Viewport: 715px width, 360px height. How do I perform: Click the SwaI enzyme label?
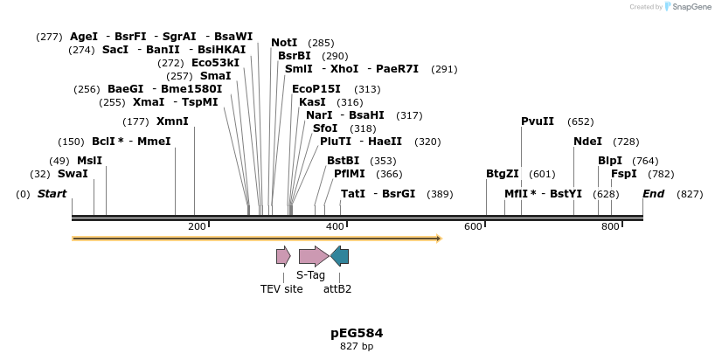(x=73, y=174)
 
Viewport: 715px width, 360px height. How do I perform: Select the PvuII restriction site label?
(x=538, y=121)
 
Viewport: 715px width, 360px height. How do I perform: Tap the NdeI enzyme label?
(x=587, y=142)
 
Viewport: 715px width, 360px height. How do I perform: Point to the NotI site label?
(x=284, y=43)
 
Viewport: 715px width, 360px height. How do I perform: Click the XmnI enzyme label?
(x=172, y=121)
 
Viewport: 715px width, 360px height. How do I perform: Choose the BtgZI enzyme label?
(x=503, y=174)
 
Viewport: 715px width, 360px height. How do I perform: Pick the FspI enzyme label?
(x=623, y=174)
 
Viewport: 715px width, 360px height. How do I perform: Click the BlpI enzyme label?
(x=610, y=161)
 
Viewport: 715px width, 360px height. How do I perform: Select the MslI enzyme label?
(x=89, y=161)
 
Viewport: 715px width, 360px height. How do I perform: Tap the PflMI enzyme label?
(x=350, y=174)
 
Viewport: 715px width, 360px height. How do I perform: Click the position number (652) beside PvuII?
(x=580, y=121)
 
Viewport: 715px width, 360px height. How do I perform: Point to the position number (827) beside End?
(x=690, y=194)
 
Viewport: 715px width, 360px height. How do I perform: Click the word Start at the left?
(x=52, y=194)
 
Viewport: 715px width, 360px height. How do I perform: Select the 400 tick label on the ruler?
(x=335, y=227)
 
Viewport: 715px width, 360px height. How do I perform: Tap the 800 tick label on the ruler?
(x=610, y=227)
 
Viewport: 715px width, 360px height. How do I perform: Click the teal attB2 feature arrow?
(x=339, y=256)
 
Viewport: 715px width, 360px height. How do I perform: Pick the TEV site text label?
(x=281, y=289)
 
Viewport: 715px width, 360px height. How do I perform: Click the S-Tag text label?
(x=310, y=275)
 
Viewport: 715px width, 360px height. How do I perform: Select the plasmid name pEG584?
(x=357, y=333)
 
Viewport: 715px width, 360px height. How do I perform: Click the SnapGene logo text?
(x=691, y=7)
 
